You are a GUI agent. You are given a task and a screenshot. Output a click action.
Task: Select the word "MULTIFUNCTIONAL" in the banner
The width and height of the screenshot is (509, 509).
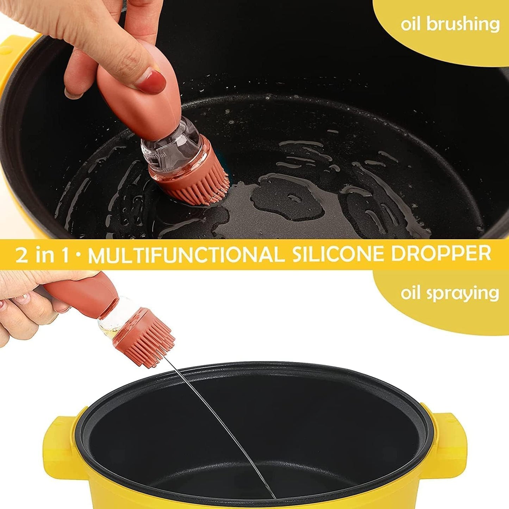(186, 255)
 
